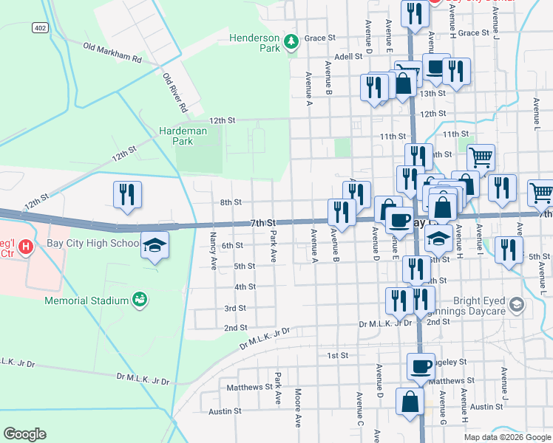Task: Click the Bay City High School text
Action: (x=97, y=243)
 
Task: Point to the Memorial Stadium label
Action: (x=86, y=301)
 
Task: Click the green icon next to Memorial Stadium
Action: (x=139, y=299)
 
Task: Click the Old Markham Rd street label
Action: (x=112, y=52)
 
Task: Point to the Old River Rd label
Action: (x=175, y=93)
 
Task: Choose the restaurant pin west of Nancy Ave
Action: (x=127, y=194)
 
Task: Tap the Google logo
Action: (x=24, y=434)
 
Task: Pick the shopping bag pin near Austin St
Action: (x=410, y=402)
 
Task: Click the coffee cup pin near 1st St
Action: (x=421, y=365)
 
